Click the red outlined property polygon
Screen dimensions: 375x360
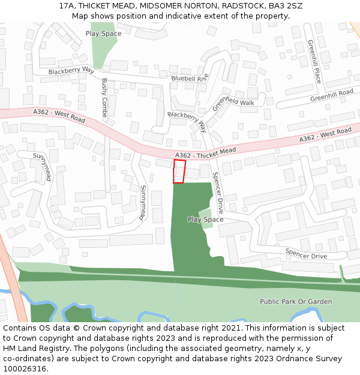coord(179,171)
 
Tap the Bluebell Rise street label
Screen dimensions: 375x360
coord(190,78)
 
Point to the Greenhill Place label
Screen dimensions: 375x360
coord(314,62)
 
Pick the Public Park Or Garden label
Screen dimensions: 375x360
coord(296,301)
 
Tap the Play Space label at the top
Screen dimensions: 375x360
coord(103,34)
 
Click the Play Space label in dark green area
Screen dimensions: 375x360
coord(205,220)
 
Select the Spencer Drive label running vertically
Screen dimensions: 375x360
coord(217,193)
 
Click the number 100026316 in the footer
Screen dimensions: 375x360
coord(25,369)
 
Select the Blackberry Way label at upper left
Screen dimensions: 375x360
coord(71,71)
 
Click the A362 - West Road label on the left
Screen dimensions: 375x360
coord(59,116)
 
